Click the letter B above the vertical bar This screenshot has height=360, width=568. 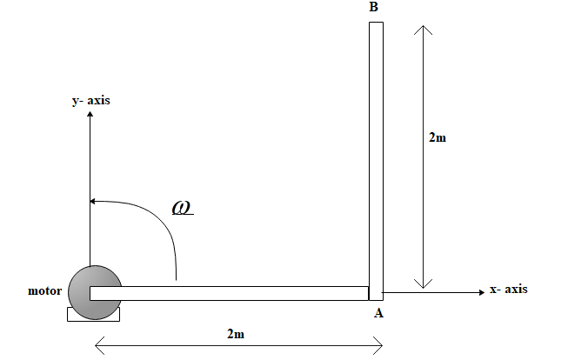click(373, 8)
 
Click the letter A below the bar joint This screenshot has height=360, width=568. click(378, 314)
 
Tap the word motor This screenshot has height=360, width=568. click(45, 290)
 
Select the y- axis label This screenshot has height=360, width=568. click(90, 101)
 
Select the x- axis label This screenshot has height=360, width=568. click(508, 290)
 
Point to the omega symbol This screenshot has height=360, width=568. click(182, 208)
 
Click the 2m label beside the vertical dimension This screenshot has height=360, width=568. click(438, 137)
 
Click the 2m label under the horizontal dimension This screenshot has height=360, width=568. click(235, 334)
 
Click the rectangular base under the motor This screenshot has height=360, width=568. click(93, 314)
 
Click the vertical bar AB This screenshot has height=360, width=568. click(376, 157)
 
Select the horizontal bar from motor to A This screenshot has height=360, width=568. click(235, 293)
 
